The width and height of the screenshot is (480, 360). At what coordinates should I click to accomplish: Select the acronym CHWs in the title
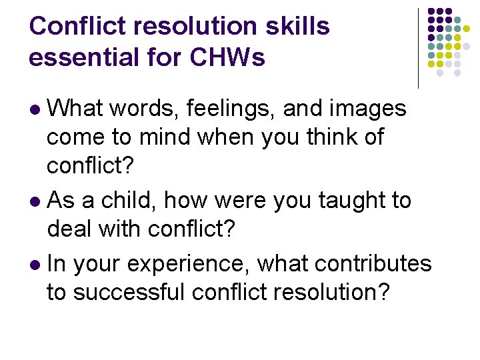click(228, 57)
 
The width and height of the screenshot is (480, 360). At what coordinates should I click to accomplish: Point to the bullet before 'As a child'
click(37, 201)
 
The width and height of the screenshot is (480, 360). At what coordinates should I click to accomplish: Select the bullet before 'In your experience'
click(37, 265)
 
